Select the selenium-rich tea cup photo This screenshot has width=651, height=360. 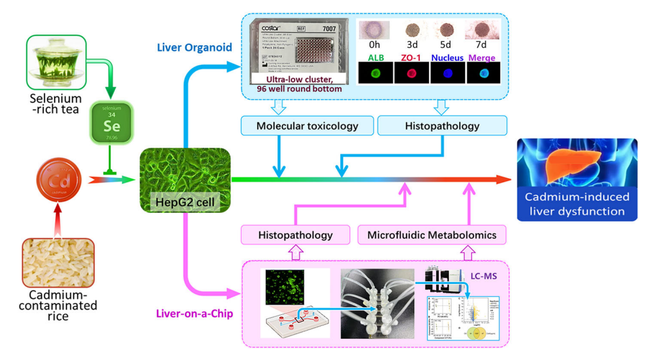pyautogui.click(x=57, y=63)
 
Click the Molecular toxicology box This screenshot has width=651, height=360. pyautogui.click(x=307, y=126)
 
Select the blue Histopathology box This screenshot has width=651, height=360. pyautogui.click(x=442, y=126)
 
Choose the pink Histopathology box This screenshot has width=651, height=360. pyautogui.click(x=296, y=235)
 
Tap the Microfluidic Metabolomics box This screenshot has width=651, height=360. pyautogui.click(x=432, y=235)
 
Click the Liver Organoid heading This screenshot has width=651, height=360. pyautogui.click(x=194, y=47)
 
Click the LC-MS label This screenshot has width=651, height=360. pyautogui.click(x=483, y=276)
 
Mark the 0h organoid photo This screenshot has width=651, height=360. pyautogui.click(x=374, y=30)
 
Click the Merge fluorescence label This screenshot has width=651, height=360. pyautogui.click(x=481, y=58)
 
